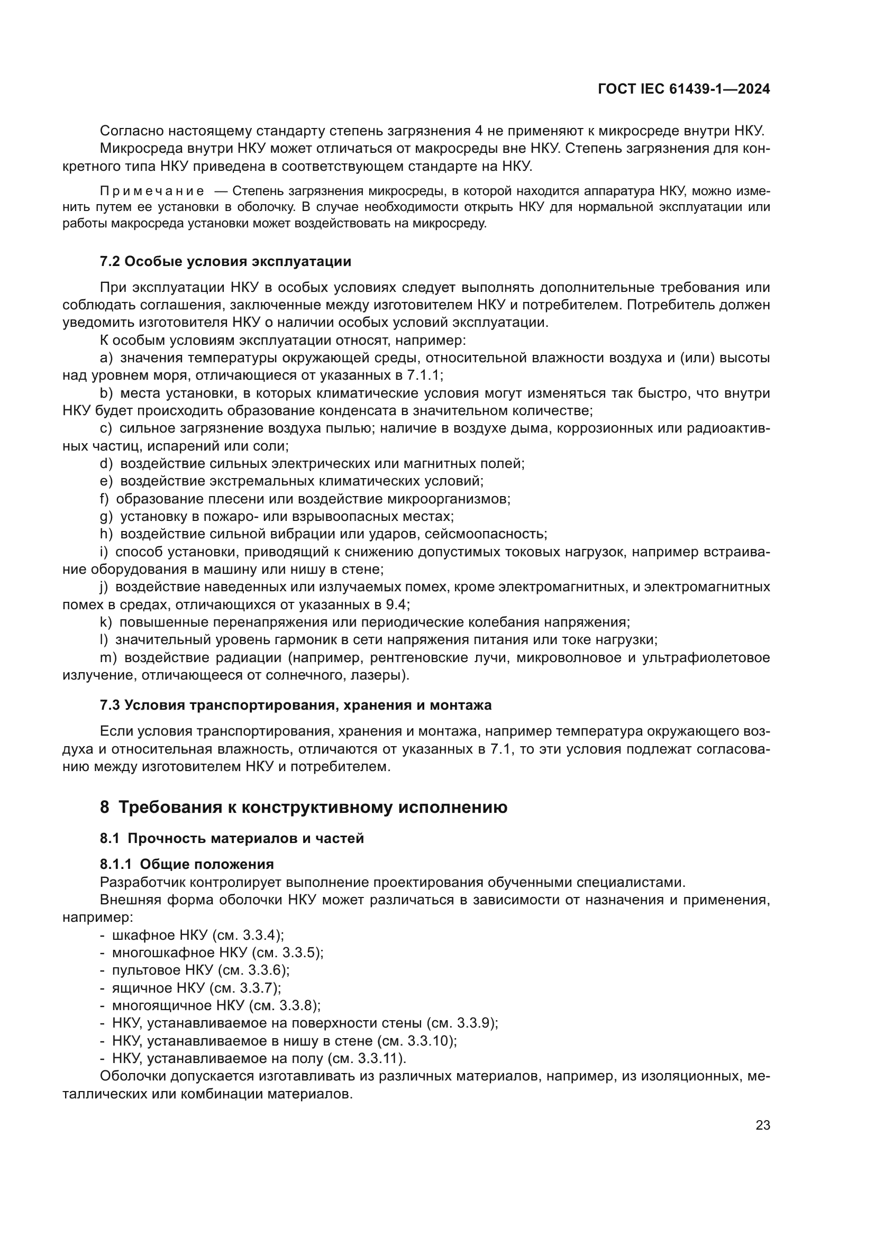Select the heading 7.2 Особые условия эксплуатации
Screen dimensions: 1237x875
pos(225,262)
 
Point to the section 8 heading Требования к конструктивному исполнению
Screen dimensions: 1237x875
pos(303,807)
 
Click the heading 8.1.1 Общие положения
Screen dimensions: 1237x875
pos(186,864)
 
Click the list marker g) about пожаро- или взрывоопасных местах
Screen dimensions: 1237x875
pos(106,517)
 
